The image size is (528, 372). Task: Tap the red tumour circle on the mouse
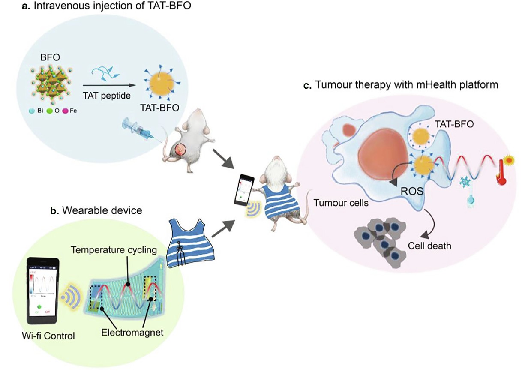pyautogui.click(x=180, y=150)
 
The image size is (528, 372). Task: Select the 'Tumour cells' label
pyautogui.click(x=341, y=203)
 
